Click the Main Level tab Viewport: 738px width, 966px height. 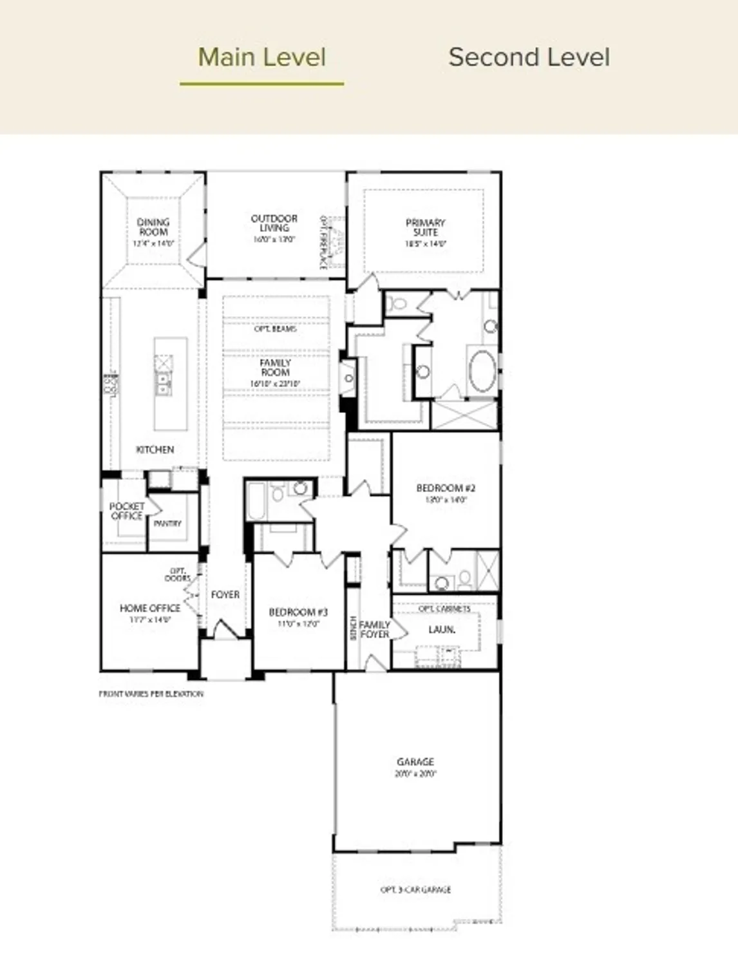261,57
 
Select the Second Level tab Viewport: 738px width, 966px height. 529,57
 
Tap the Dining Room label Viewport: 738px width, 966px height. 153,227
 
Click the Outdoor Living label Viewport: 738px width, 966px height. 274,223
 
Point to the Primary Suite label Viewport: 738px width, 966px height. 425,227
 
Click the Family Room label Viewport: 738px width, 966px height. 275,368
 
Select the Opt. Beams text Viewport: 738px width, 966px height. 275,328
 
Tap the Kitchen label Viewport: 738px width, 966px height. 155,450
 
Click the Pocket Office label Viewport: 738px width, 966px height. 126,511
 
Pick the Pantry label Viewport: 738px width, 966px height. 167,524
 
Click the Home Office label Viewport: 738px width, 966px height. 149,608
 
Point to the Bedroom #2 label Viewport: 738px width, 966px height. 446,488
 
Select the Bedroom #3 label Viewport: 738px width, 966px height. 298,612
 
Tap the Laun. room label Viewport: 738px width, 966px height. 442,629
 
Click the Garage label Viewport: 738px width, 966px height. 415,762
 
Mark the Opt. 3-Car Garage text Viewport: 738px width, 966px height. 415,889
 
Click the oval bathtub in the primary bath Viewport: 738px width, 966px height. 482,370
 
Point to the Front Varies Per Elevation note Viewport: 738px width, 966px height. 151,694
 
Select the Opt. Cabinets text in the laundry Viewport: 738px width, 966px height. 444,609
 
